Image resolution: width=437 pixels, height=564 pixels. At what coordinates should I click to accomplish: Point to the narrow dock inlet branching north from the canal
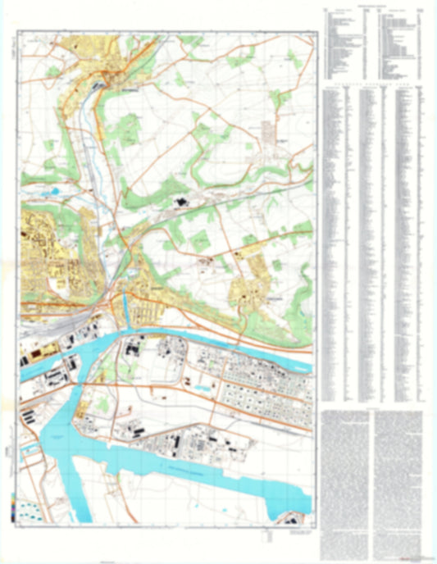click(125, 307)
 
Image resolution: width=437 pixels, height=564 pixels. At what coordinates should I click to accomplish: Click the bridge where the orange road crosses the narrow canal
click(124, 292)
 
